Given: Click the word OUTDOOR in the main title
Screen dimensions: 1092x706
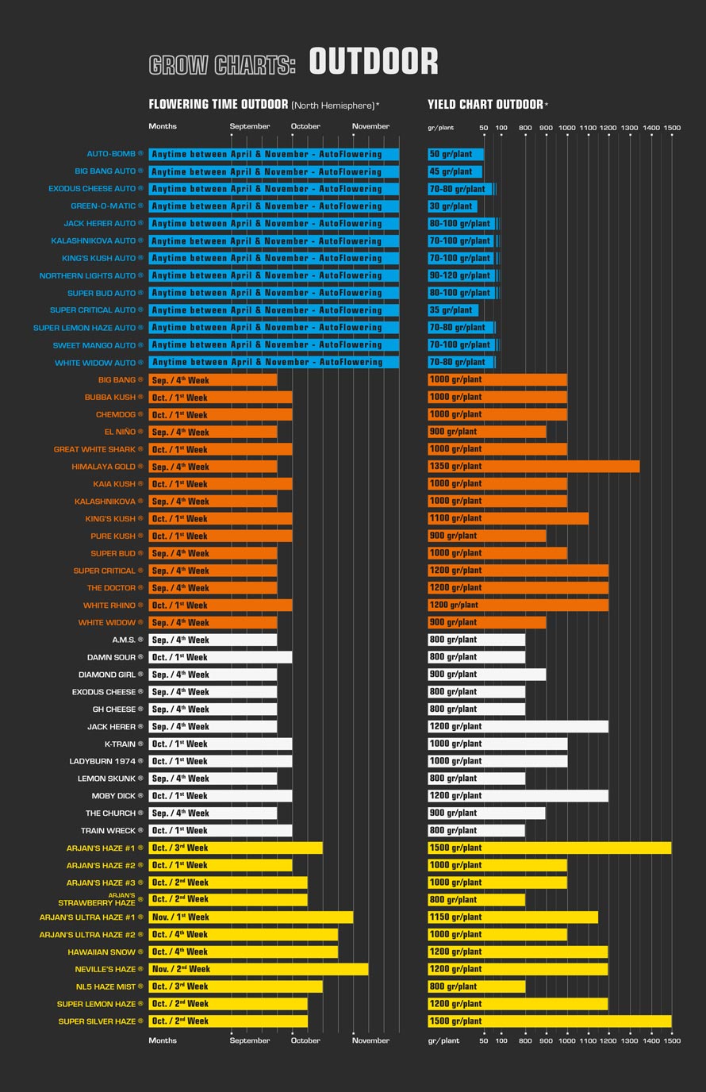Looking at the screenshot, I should point(373,62).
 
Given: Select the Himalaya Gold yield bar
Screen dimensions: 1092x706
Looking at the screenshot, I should point(533,467).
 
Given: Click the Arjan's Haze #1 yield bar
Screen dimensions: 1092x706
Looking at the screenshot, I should point(549,848).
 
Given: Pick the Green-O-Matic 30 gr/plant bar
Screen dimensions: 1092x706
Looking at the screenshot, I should point(452,206).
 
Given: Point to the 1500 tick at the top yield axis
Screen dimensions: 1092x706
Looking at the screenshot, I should point(672,128).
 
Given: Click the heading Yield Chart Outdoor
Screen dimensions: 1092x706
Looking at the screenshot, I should point(485,104).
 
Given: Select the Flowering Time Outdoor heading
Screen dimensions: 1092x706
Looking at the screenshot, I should point(218,104).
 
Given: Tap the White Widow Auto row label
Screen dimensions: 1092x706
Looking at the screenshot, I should point(95,363).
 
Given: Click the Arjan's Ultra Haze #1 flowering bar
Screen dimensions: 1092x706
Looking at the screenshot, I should point(251,917).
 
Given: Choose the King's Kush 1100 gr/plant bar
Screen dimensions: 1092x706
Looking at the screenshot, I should point(508,518).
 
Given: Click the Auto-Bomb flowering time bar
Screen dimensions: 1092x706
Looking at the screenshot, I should point(274,154).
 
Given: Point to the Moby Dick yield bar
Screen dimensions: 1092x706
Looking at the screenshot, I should point(518,796).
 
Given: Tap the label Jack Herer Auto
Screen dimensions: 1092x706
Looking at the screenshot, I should point(100,224).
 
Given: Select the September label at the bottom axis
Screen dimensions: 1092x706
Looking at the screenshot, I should point(250,1040).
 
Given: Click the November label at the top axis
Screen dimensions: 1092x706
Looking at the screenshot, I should point(370,126).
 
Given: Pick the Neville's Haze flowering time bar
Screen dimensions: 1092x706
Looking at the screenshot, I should point(258,969).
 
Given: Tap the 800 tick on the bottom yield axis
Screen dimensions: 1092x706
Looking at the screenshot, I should point(525,1040).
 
